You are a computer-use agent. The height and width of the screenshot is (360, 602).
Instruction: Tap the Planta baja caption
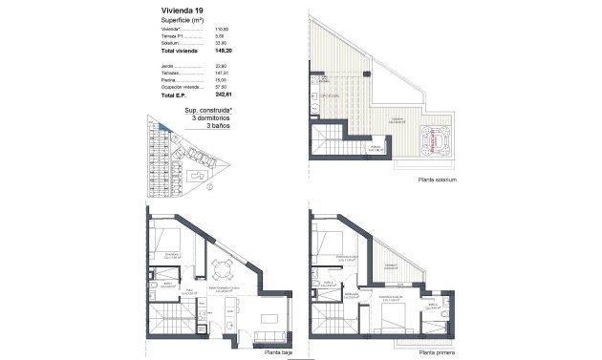pyautogui.click(x=279, y=351)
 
